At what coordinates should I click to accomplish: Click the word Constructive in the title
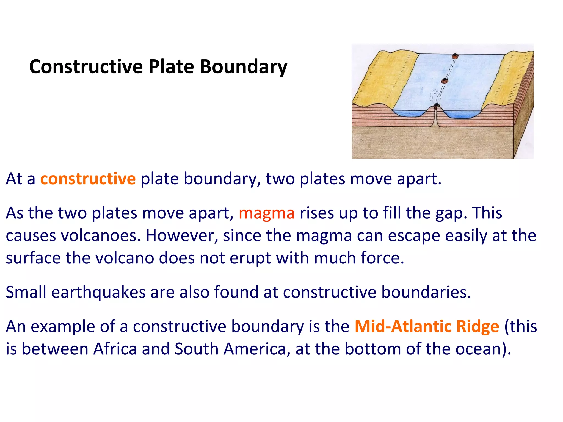coord(86,67)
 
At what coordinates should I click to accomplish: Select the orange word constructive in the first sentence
coord(88,179)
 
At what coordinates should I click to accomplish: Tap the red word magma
coord(266,213)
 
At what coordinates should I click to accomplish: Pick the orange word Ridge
coord(478,326)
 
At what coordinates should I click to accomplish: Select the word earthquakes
coord(98,292)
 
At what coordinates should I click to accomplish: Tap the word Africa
coord(115,349)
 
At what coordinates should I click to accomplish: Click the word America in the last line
coord(255,349)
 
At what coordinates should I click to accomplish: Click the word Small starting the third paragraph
coord(26,292)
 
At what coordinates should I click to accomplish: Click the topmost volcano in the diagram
coord(455,57)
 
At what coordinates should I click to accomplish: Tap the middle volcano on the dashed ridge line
coord(445,81)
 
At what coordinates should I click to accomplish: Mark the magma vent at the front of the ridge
coord(436,106)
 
